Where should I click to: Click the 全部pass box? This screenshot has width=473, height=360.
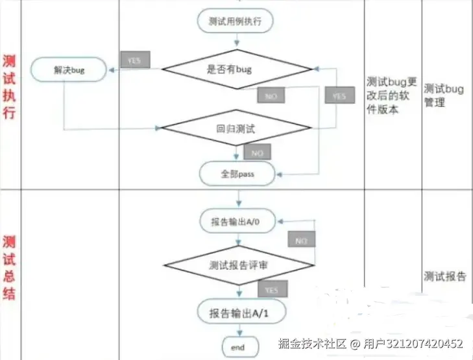[x=237, y=174]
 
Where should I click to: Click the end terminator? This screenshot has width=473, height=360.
[x=237, y=348]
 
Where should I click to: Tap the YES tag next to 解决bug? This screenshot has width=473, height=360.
[x=134, y=60]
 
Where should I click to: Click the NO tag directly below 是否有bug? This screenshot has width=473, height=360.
[x=270, y=96]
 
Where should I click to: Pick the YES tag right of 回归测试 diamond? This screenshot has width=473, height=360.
[x=339, y=96]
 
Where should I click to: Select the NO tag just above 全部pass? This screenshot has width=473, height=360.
[x=257, y=152]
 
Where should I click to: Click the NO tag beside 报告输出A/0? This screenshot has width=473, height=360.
[x=300, y=241]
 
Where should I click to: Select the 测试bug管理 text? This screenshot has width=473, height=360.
[x=444, y=95]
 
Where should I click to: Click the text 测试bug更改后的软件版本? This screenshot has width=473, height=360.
[x=391, y=95]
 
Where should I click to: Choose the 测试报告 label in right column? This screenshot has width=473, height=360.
[x=444, y=276]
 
